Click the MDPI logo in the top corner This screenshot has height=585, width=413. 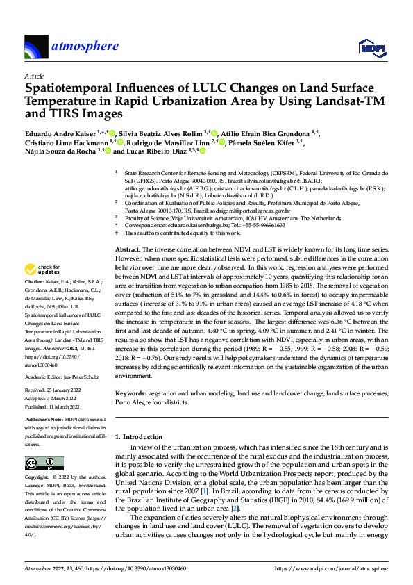[x=373, y=47]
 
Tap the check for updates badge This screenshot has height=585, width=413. [x=44, y=268]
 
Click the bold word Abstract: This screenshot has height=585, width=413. [x=128, y=249]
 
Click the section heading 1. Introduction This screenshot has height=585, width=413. [x=142, y=436]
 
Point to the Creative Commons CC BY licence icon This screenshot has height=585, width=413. [x=40, y=463]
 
